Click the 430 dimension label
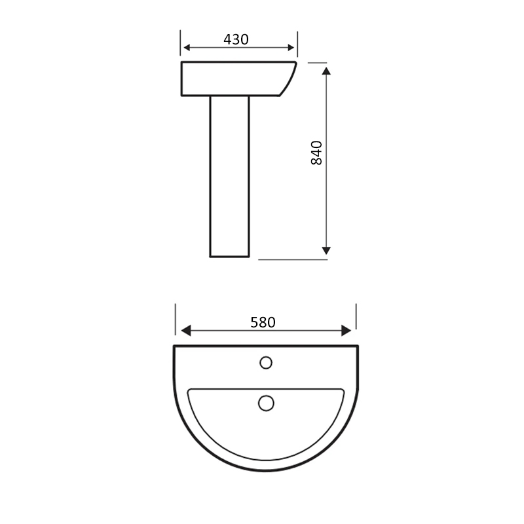236,39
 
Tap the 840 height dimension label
316,153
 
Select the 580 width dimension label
263,322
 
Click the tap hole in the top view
266,362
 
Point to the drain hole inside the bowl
266,403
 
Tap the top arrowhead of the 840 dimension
326,69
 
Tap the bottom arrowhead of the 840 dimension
326,250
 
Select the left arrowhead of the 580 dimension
186,330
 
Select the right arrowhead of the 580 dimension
346,330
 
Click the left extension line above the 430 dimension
180,43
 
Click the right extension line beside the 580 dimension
356,316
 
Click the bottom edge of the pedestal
229,256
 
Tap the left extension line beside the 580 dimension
175,319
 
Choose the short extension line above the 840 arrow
316,63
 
